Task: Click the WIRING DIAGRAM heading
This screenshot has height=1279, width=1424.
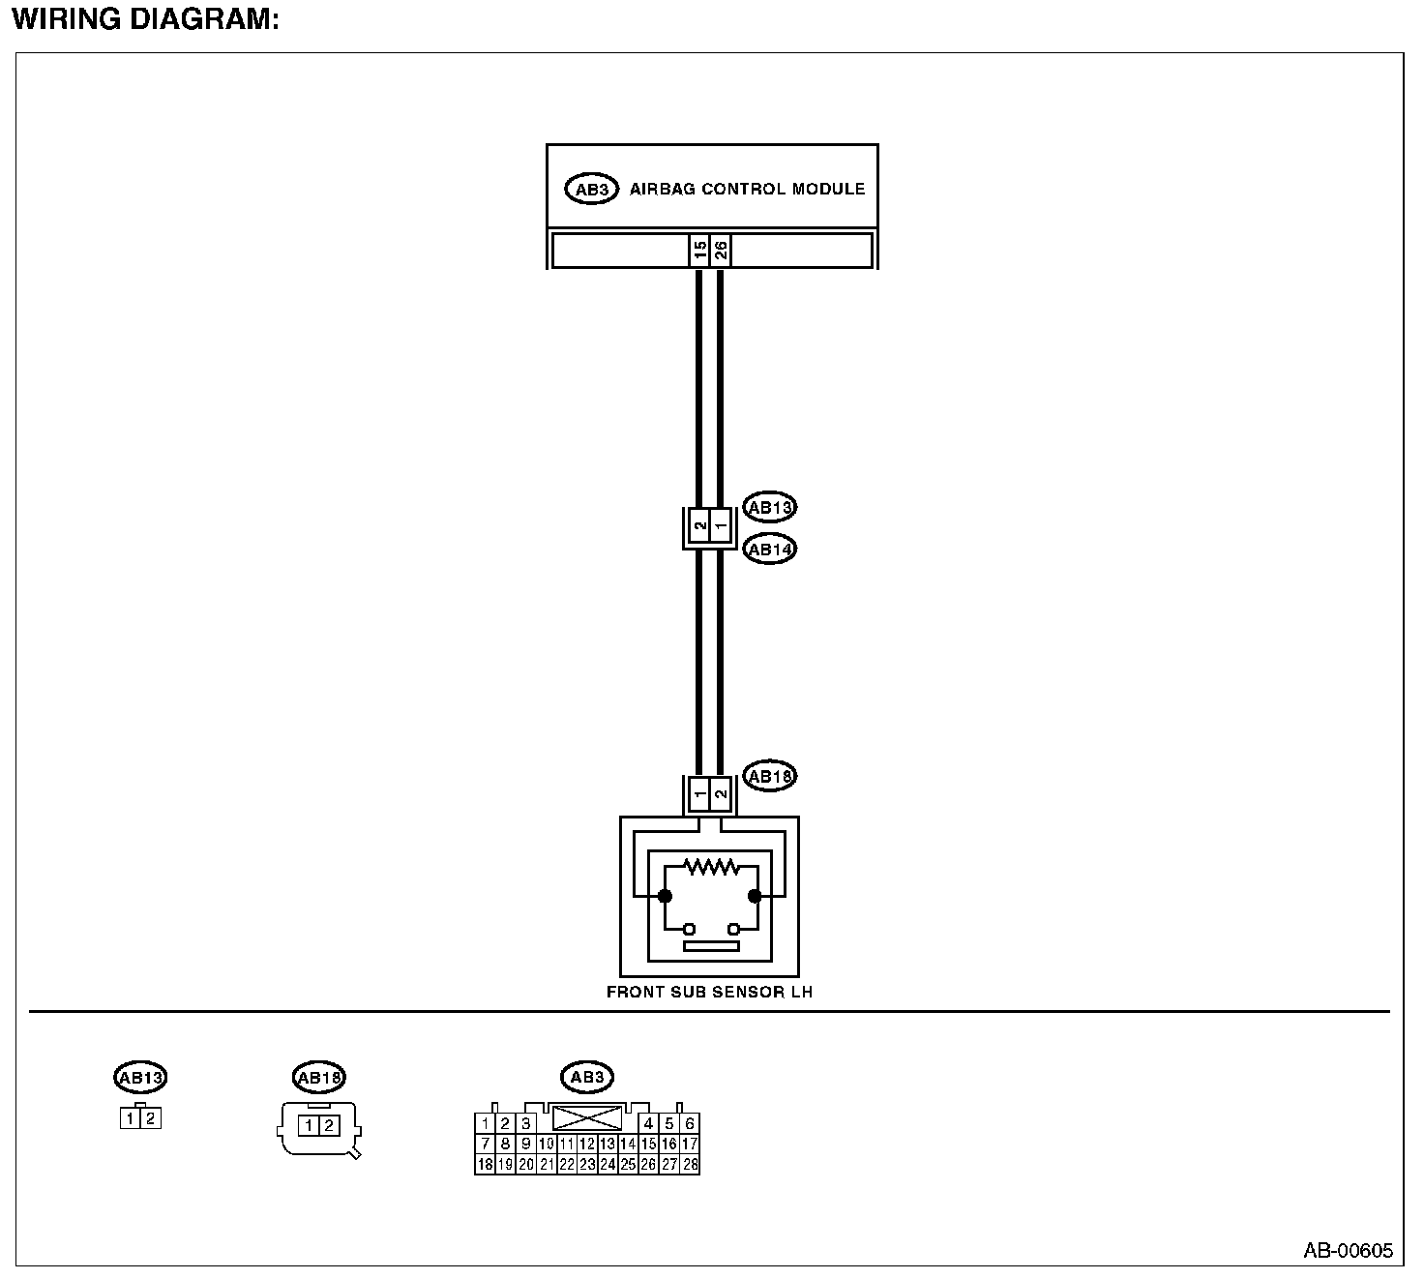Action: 145,18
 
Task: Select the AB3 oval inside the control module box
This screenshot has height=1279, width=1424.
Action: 590,190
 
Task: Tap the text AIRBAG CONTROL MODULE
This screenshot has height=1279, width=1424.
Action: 747,189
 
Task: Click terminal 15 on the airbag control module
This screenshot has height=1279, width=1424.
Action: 699,251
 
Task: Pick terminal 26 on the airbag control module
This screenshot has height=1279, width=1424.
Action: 721,251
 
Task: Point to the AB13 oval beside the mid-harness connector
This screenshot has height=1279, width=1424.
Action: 769,507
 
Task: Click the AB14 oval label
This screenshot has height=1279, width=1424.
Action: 769,550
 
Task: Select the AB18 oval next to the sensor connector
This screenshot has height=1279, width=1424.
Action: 769,776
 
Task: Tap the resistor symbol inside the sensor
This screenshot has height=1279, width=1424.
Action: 710,867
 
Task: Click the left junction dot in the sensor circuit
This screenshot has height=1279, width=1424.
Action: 665,896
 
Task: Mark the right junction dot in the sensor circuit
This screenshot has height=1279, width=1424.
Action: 755,896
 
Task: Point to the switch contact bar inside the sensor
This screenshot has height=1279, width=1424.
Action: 710,946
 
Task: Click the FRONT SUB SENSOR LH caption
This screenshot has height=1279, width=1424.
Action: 709,992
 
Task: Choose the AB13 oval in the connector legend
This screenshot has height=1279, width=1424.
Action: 140,1077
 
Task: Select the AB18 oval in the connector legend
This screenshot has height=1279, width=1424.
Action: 319,1077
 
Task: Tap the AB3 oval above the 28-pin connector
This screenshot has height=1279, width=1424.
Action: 587,1077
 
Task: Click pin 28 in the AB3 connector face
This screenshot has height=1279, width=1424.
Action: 690,1165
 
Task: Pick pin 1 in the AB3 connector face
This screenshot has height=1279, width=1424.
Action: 485,1124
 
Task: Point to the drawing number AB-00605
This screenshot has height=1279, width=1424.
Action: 1348,1251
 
